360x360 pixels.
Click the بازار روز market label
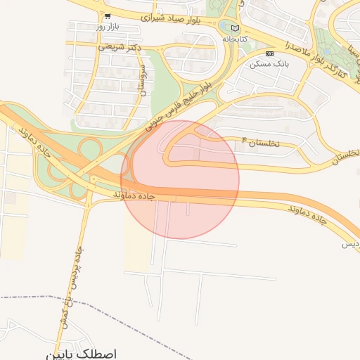(110, 27)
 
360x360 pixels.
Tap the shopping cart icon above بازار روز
(107, 15)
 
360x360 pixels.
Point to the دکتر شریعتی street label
(120, 47)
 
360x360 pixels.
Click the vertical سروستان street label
(143, 79)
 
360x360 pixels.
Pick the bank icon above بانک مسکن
(270, 53)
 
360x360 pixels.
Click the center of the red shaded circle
(180, 179)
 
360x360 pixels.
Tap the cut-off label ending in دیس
(351, 244)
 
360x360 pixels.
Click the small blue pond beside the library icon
(225, 26)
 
